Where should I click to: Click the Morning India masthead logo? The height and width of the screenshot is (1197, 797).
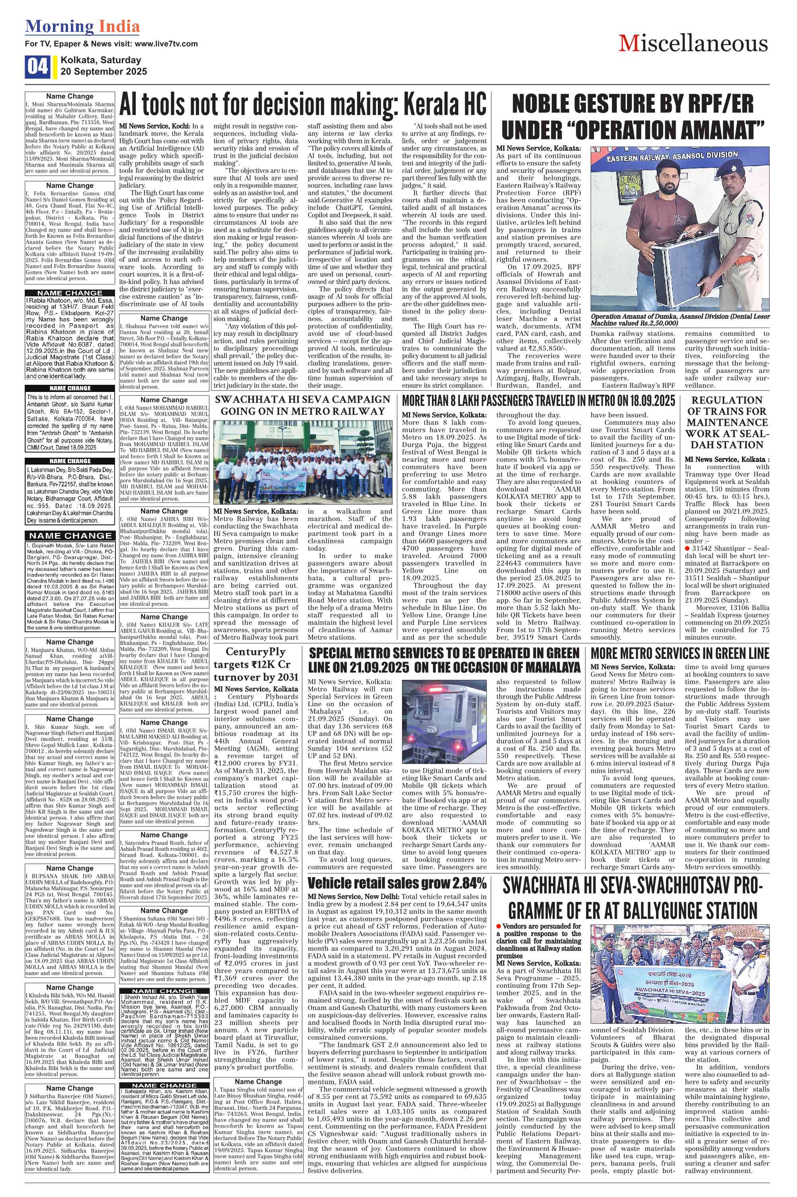coord(82,26)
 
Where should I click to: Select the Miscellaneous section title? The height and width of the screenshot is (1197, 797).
coord(693,44)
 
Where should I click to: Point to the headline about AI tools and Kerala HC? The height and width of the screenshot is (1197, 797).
coord(303,105)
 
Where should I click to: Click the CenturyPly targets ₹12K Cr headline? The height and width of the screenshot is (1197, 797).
coord(257,664)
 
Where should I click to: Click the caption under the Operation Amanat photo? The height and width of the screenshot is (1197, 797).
coord(680,319)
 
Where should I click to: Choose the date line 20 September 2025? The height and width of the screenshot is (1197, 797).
coord(104,71)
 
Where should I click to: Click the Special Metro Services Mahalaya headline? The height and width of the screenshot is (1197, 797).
coord(444,660)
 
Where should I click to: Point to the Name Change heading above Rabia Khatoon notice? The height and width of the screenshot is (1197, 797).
coord(70,293)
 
